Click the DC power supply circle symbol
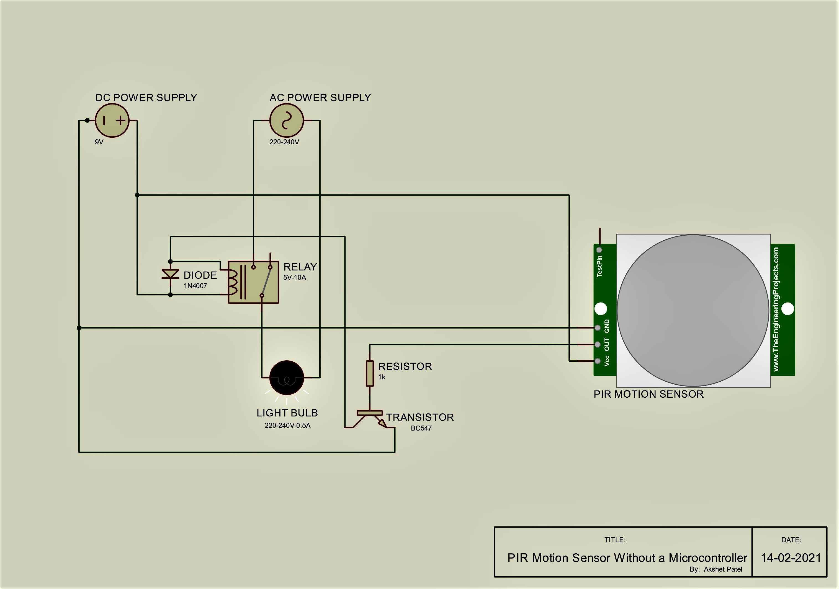tap(112, 121)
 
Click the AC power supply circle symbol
tap(287, 121)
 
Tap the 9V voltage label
tap(99, 142)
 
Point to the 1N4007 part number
tap(195, 286)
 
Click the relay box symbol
tap(253, 282)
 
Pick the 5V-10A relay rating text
tap(295, 277)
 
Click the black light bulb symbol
tap(287, 378)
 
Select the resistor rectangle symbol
tap(370, 373)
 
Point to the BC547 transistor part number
tap(421, 428)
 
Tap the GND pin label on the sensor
tap(607, 326)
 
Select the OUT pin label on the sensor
tap(607, 344)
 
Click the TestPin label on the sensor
tap(599, 266)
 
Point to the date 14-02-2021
tap(791, 558)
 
